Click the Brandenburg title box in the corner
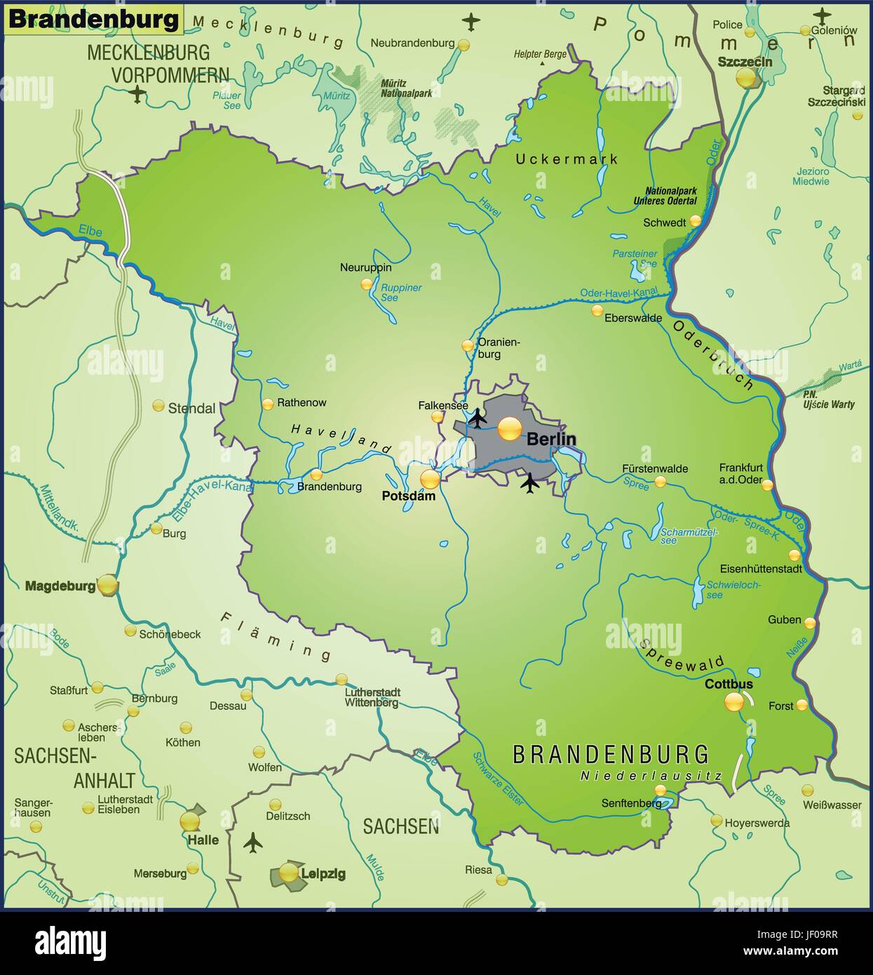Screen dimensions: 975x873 [x=94, y=19]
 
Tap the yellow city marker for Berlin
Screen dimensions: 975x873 [x=510, y=428]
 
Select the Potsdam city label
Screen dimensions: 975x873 [x=408, y=496]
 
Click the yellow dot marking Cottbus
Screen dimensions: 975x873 [x=734, y=701]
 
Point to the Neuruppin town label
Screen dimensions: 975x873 [x=365, y=267]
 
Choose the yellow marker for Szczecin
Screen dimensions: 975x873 [x=746, y=78]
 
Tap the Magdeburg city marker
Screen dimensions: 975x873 [x=107, y=584]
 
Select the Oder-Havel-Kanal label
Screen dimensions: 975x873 [x=618, y=292]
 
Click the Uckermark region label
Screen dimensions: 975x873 [x=567, y=159]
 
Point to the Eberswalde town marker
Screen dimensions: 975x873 [x=597, y=310]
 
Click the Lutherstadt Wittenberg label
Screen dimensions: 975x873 [x=372, y=697]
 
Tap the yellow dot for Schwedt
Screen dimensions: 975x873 [x=695, y=221]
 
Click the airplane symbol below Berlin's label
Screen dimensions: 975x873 [x=530, y=482]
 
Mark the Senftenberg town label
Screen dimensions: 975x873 [x=630, y=803]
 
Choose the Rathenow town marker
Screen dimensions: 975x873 [x=267, y=404]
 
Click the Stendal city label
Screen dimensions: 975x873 [x=191, y=408]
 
